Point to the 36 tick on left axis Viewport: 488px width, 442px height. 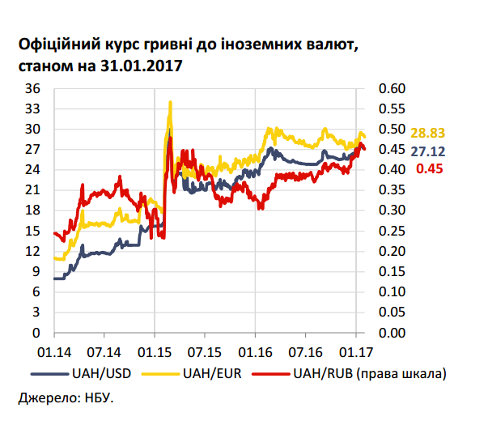[x=34, y=88]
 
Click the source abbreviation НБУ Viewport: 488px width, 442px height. [x=99, y=399]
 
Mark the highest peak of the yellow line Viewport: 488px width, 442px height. [x=170, y=102]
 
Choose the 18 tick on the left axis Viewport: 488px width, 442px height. [x=34, y=210]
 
